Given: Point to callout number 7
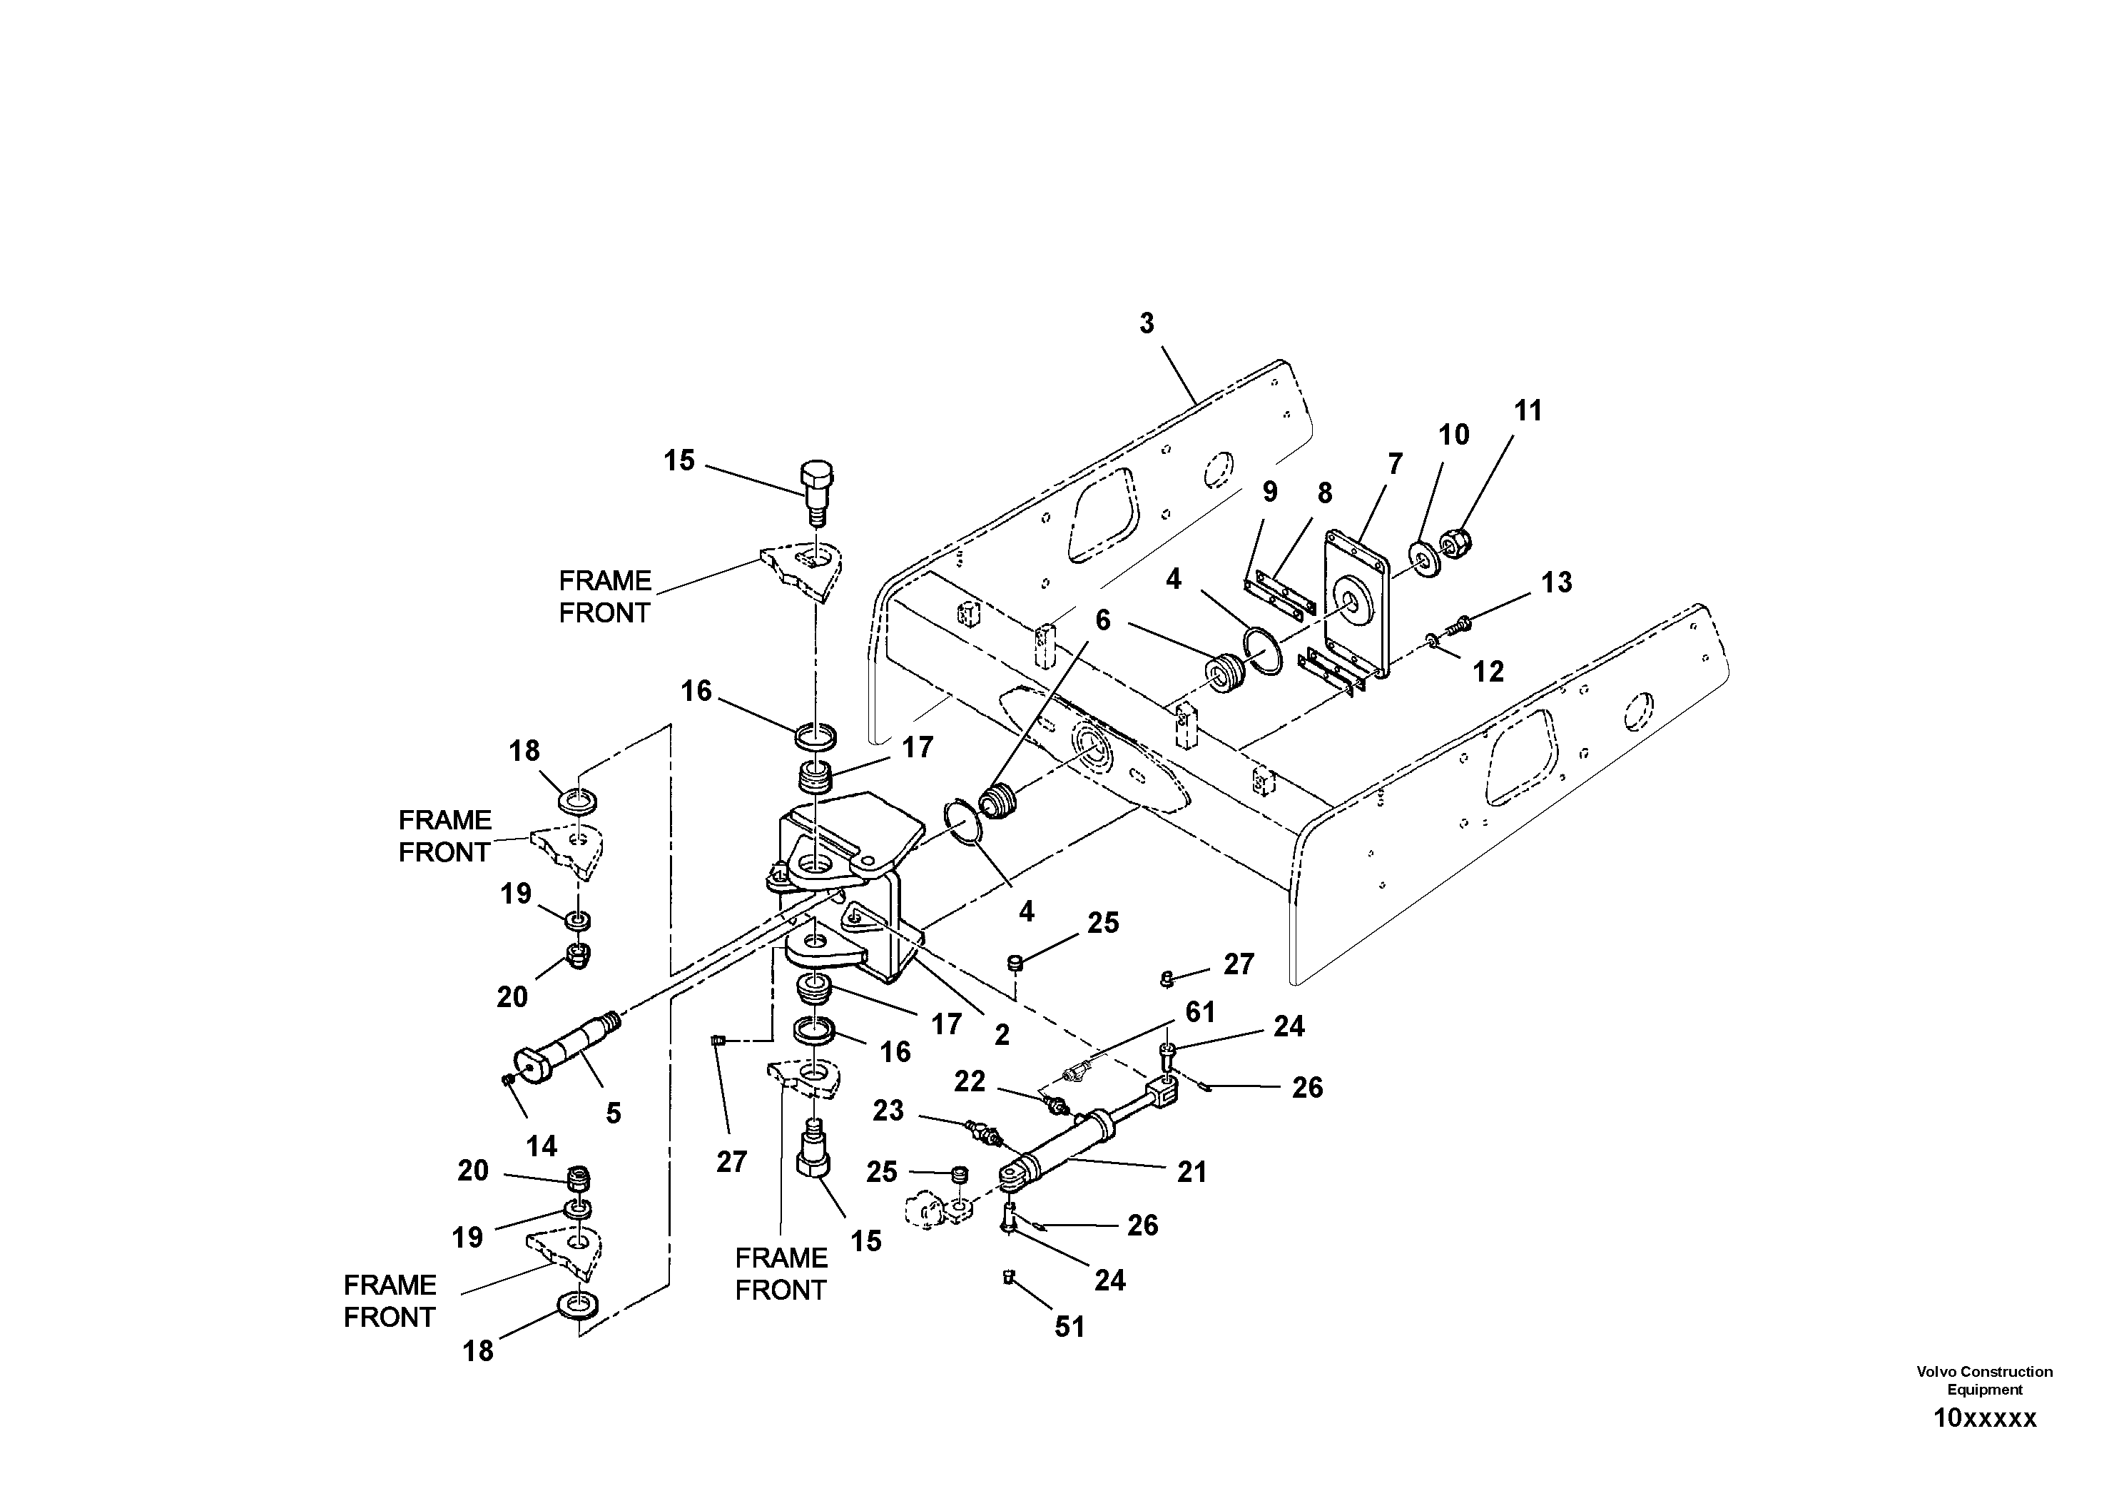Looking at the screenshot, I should [1394, 464].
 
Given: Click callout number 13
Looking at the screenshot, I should [1556, 582].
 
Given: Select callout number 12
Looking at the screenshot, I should [1488, 671].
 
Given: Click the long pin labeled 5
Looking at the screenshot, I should [564, 1051].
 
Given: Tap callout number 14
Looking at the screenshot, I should [542, 1146].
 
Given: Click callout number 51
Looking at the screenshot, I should [1069, 1327].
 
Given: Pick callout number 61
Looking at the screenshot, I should [1200, 1012].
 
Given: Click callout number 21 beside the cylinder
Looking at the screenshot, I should [1191, 1173].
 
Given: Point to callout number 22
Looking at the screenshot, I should [970, 1081].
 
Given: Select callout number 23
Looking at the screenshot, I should [888, 1111].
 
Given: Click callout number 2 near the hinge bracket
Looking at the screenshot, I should [1002, 1035].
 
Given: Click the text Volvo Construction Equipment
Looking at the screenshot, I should [1984, 1380].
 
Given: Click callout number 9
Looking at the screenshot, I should [1270, 492].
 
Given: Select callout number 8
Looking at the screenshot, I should [1325, 494].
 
